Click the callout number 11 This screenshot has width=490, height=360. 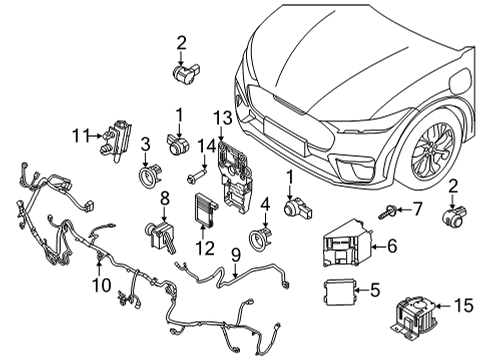(x=80, y=133)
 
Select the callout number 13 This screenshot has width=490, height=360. (x=221, y=120)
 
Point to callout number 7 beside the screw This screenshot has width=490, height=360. (x=418, y=209)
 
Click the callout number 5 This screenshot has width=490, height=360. (x=375, y=291)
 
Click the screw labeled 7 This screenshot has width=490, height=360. (x=386, y=212)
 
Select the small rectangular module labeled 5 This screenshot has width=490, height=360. (x=338, y=293)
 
